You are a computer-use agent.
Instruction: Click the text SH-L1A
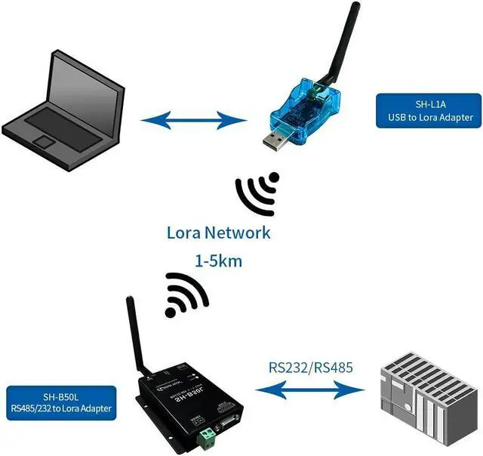[426, 104]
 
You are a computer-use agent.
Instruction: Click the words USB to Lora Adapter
[426, 118]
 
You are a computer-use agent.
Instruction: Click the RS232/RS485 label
[311, 369]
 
